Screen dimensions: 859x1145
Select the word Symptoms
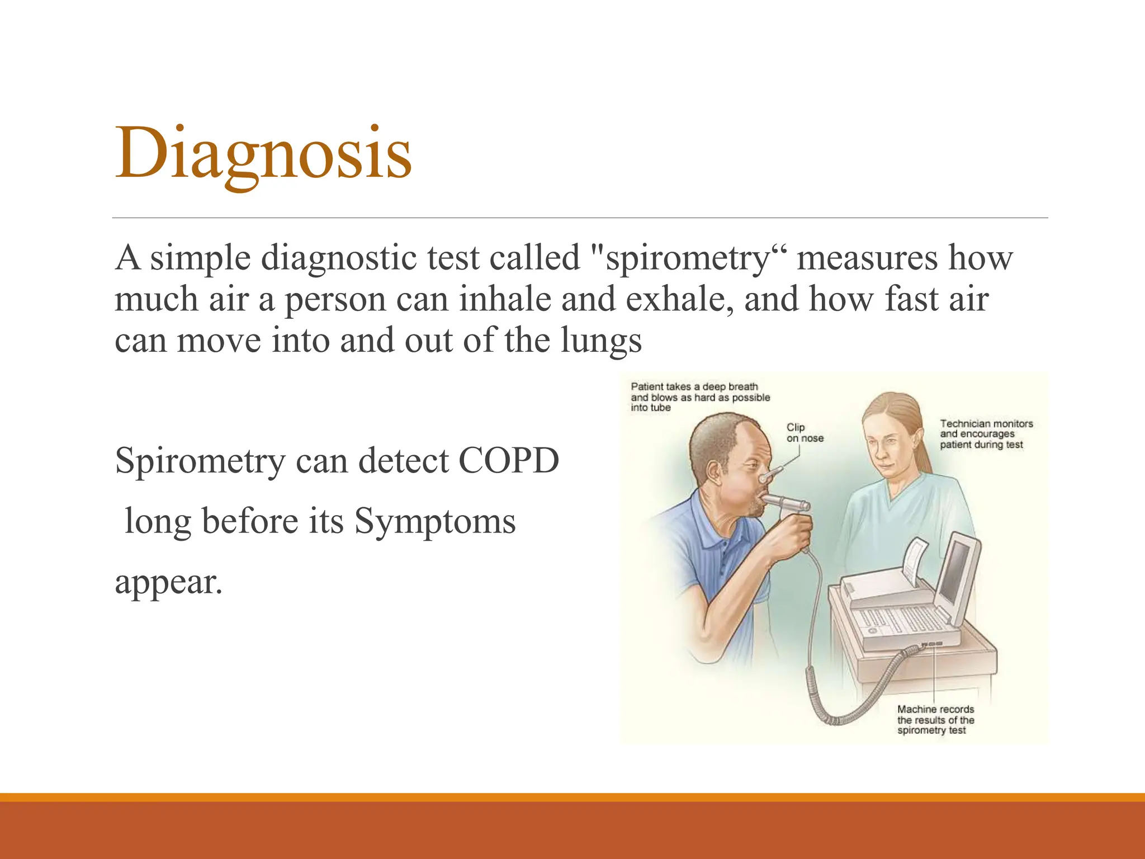pos(434,521)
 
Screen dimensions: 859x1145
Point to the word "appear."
pos(168,582)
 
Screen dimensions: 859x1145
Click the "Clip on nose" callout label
pos(804,433)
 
